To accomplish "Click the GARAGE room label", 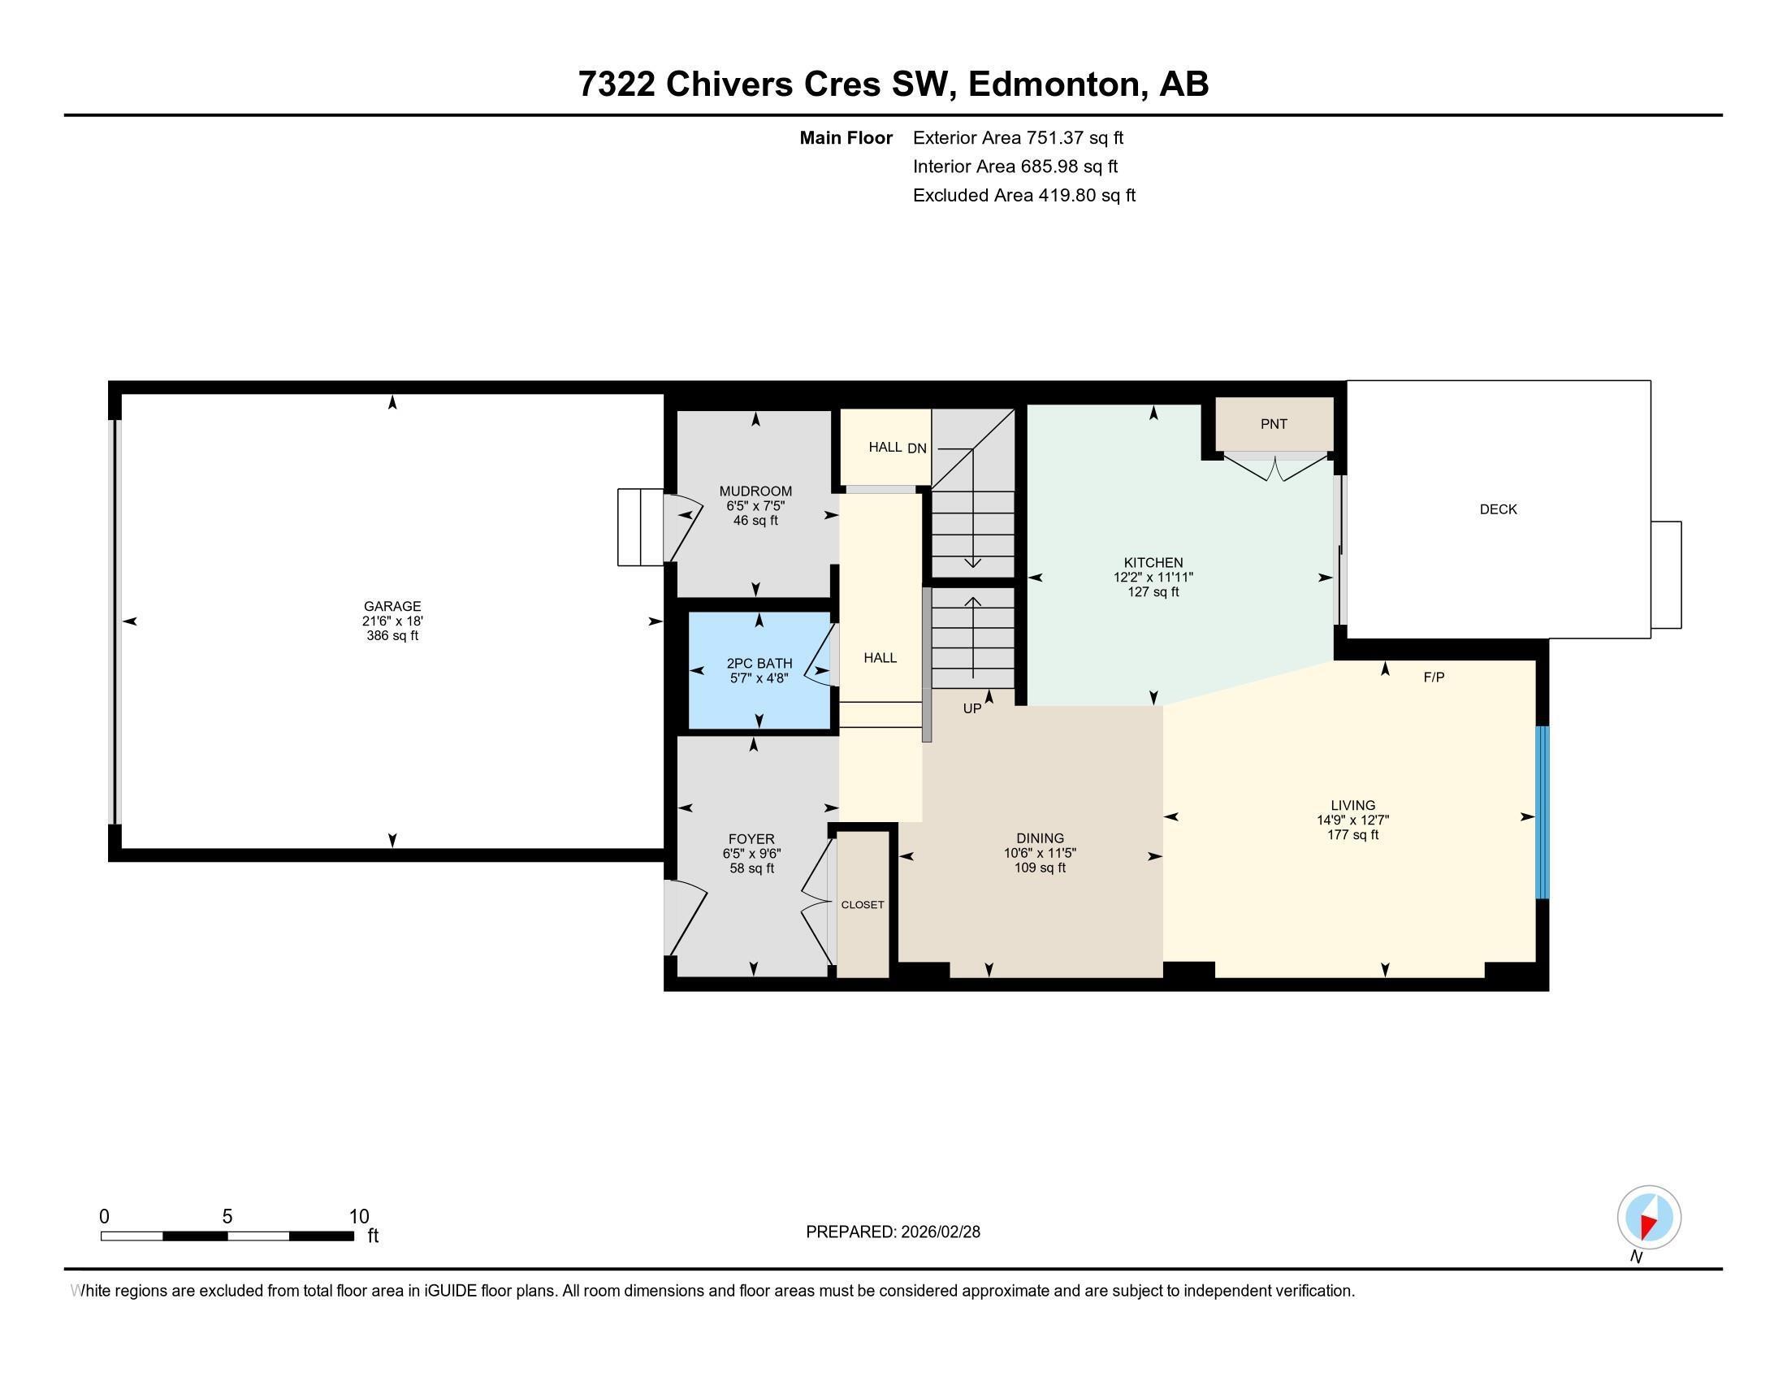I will click(392, 606).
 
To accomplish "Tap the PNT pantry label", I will click(1273, 424).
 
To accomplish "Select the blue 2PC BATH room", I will click(759, 669).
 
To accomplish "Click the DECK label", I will click(1497, 509).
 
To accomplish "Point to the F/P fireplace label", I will click(1433, 678).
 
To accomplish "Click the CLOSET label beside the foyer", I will click(863, 905).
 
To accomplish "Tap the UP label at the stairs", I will click(971, 708).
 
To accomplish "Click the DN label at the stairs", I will click(916, 448).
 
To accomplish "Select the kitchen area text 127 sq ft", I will click(1153, 591).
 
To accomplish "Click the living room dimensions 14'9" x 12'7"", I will click(1352, 820).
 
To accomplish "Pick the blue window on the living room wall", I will click(1542, 812).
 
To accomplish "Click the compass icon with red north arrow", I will click(1649, 1218).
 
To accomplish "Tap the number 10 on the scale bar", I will click(358, 1217).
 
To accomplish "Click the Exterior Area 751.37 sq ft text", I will click(1018, 137).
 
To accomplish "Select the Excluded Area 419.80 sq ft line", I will click(1023, 195).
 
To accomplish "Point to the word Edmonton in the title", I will click(1054, 84).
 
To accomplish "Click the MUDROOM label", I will click(755, 491).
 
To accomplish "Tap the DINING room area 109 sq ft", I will click(1039, 868).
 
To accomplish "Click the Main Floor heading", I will click(846, 137).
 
